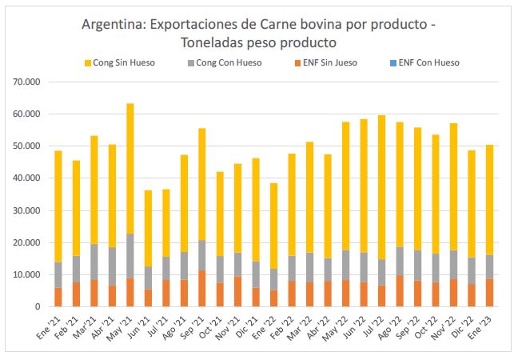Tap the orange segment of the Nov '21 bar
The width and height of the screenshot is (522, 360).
tap(238, 291)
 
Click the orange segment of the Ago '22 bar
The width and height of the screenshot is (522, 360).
tap(400, 291)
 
